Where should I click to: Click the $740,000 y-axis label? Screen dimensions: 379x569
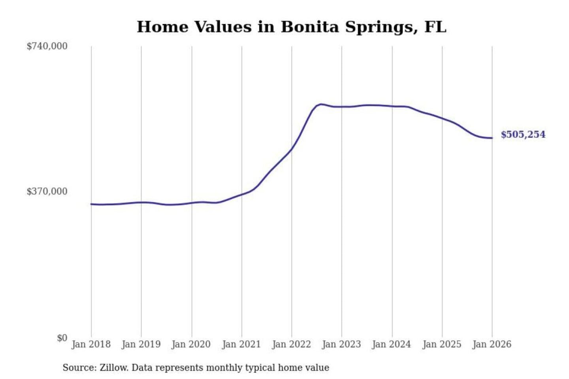pyautogui.click(x=47, y=46)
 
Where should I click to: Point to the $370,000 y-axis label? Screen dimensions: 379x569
pyautogui.click(x=47, y=191)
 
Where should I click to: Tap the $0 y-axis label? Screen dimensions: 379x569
pyautogui.click(x=62, y=338)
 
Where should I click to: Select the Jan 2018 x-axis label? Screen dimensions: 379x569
pyautogui.click(x=91, y=344)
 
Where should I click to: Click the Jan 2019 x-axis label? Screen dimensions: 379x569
pyautogui.click(x=141, y=344)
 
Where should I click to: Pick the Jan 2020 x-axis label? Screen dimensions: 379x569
pyautogui.click(x=191, y=344)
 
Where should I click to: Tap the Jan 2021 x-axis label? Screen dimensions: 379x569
pyautogui.click(x=241, y=344)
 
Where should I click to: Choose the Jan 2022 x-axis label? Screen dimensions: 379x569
pyautogui.click(x=292, y=344)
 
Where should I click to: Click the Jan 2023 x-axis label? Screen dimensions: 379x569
pyautogui.click(x=341, y=344)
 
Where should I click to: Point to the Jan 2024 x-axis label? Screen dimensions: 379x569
pyautogui.click(x=392, y=344)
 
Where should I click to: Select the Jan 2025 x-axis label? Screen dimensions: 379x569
pyautogui.click(x=442, y=344)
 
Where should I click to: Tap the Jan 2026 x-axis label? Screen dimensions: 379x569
pyautogui.click(x=492, y=344)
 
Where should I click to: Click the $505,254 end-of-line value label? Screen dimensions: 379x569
pyautogui.click(x=523, y=135)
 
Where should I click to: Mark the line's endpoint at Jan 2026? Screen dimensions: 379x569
pyautogui.click(x=492, y=138)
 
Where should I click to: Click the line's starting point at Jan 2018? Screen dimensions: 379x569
pyautogui.click(x=91, y=204)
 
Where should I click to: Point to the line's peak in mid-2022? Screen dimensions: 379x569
pyautogui.click(x=321, y=104)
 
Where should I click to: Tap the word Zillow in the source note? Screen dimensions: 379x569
pyautogui.click(x=114, y=368)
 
